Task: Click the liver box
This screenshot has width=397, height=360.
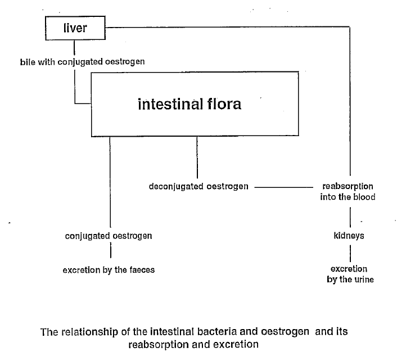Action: coord(75,28)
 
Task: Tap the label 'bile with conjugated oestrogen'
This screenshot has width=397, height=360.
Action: coord(83,61)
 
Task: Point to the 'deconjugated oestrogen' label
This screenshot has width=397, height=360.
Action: coord(198,186)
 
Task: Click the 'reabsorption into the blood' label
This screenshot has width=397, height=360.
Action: coord(348,191)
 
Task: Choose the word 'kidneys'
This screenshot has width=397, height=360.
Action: coord(349,236)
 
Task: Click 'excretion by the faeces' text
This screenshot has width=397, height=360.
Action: coord(109,270)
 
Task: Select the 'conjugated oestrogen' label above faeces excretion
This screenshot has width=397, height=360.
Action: coord(109,236)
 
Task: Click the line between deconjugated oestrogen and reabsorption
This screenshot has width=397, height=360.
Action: coord(284,187)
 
